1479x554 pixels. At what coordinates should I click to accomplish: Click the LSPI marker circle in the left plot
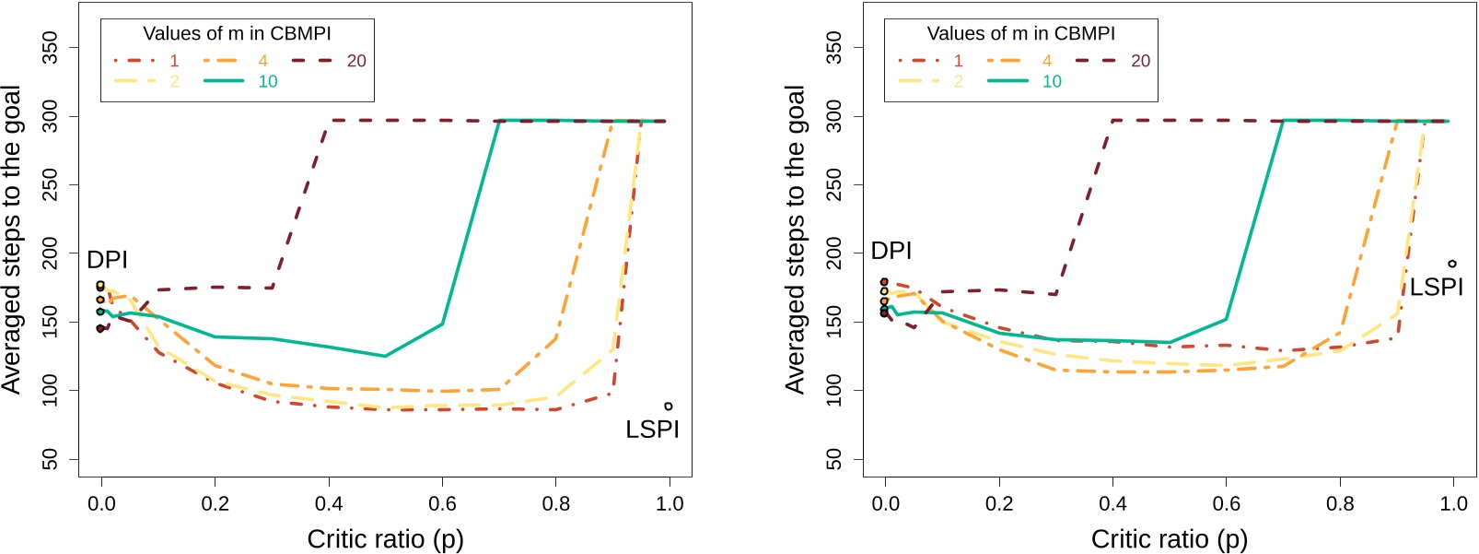click(x=669, y=407)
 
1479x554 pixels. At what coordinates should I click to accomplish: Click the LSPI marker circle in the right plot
click(x=1452, y=264)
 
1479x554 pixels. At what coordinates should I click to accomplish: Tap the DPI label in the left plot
click(x=107, y=260)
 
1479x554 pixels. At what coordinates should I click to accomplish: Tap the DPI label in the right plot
click(x=891, y=251)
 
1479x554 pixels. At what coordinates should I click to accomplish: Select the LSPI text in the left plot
click(x=652, y=430)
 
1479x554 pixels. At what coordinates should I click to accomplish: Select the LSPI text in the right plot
click(x=1436, y=288)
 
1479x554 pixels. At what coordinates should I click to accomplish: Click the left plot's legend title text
click(x=237, y=34)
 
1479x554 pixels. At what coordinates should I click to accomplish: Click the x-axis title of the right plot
click(x=1169, y=538)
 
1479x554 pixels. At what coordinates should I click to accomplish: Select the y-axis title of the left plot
click(x=12, y=240)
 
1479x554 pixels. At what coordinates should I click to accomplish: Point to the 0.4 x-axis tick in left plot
click(x=329, y=504)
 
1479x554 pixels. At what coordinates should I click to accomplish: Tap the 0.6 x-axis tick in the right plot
click(x=1226, y=504)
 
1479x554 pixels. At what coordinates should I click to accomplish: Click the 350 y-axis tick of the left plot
click(x=50, y=48)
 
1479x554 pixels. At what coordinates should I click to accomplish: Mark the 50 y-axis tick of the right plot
click(x=833, y=459)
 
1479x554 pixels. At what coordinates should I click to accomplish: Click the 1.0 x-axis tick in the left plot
click(x=670, y=504)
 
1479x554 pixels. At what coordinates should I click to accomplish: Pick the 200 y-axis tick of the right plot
click(x=833, y=253)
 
